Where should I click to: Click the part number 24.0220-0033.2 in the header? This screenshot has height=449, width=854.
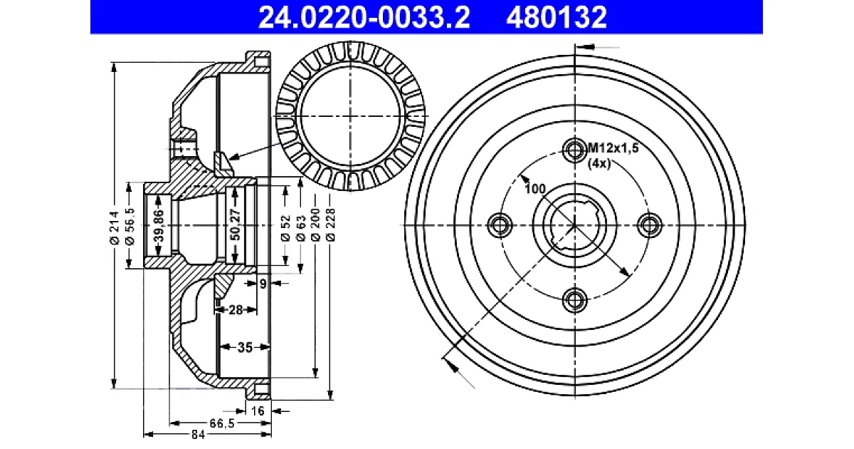pos(364,17)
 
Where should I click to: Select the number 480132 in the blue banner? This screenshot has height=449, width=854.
pos(557,17)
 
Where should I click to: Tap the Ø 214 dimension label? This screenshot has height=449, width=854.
pos(115,227)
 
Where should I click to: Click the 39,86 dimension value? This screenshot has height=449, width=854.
pos(159,225)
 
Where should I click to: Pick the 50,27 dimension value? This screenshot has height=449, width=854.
pos(236,224)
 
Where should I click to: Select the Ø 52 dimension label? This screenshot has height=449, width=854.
pos(285,228)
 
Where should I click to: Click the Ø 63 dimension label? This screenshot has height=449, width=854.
pos(301,228)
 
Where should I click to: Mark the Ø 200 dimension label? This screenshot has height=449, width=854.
pos(316,224)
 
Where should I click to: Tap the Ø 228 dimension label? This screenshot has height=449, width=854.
pos(330,224)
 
